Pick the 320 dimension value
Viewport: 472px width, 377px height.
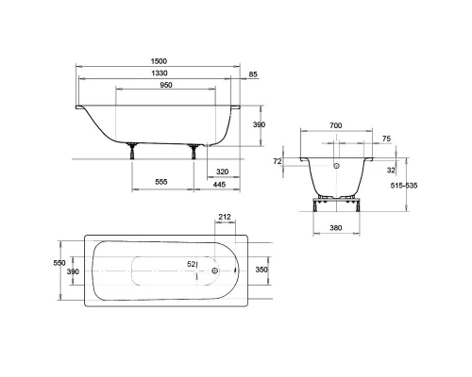click(x=223, y=172)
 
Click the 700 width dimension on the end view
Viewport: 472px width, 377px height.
click(x=337, y=124)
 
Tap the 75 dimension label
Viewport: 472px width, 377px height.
click(x=386, y=139)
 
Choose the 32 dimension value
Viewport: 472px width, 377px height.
click(x=390, y=171)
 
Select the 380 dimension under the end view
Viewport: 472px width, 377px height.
click(x=337, y=227)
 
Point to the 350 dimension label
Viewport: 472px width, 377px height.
click(x=262, y=270)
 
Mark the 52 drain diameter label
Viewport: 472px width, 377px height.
click(x=192, y=265)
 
